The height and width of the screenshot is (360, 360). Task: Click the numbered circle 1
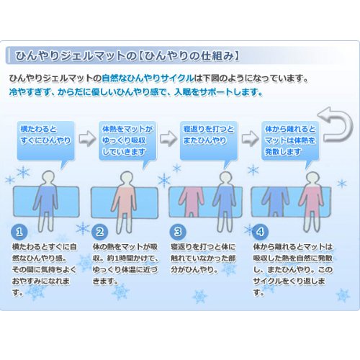click(20, 233)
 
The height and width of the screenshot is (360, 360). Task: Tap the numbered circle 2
click(101, 233)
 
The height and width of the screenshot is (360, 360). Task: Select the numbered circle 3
click(179, 233)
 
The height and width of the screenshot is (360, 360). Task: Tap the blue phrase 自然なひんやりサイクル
click(149, 78)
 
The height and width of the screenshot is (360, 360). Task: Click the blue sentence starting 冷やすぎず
click(135, 92)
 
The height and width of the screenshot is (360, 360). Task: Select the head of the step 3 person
click(207, 176)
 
